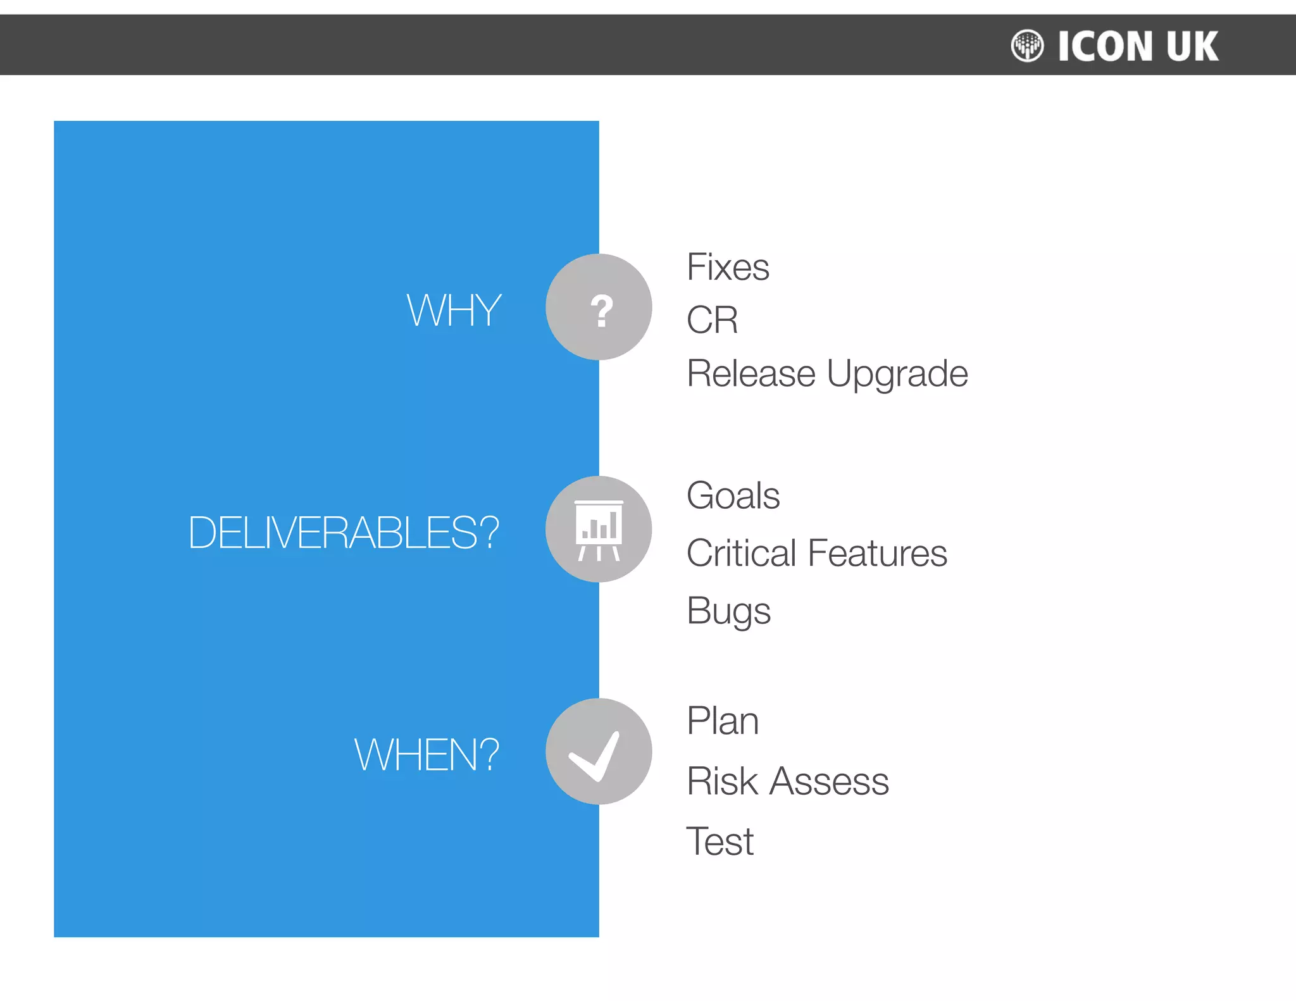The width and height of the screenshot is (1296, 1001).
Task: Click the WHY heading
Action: pos(454,310)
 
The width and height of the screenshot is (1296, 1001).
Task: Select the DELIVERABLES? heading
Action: pos(343,532)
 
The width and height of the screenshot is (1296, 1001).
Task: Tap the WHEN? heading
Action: pos(427,754)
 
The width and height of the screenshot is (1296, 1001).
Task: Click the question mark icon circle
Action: pos(599,308)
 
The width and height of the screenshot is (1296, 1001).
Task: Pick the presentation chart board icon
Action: pos(599,530)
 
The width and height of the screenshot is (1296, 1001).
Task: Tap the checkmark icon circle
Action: pos(599,752)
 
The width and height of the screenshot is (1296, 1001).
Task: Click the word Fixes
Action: pos(728,267)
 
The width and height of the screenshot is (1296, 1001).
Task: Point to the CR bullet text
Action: pos(712,320)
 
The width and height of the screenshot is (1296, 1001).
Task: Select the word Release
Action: pos(751,373)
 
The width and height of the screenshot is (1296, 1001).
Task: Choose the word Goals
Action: pos(733,495)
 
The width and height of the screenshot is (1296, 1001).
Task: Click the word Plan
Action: pos(723,721)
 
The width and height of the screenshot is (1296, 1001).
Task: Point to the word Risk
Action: pos(722,781)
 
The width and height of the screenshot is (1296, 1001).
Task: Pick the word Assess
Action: pos(829,781)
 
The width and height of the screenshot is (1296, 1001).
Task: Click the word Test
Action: pos(720,842)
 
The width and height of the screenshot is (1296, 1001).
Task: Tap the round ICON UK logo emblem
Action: pos(1026,46)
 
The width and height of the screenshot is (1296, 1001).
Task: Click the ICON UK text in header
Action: pos(1138,46)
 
